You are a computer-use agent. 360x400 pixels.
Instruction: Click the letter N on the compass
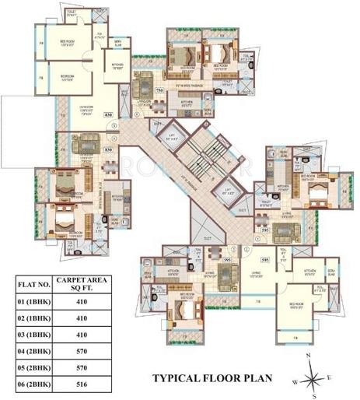click(309, 355)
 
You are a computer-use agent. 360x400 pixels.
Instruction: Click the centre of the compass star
click(314, 377)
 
